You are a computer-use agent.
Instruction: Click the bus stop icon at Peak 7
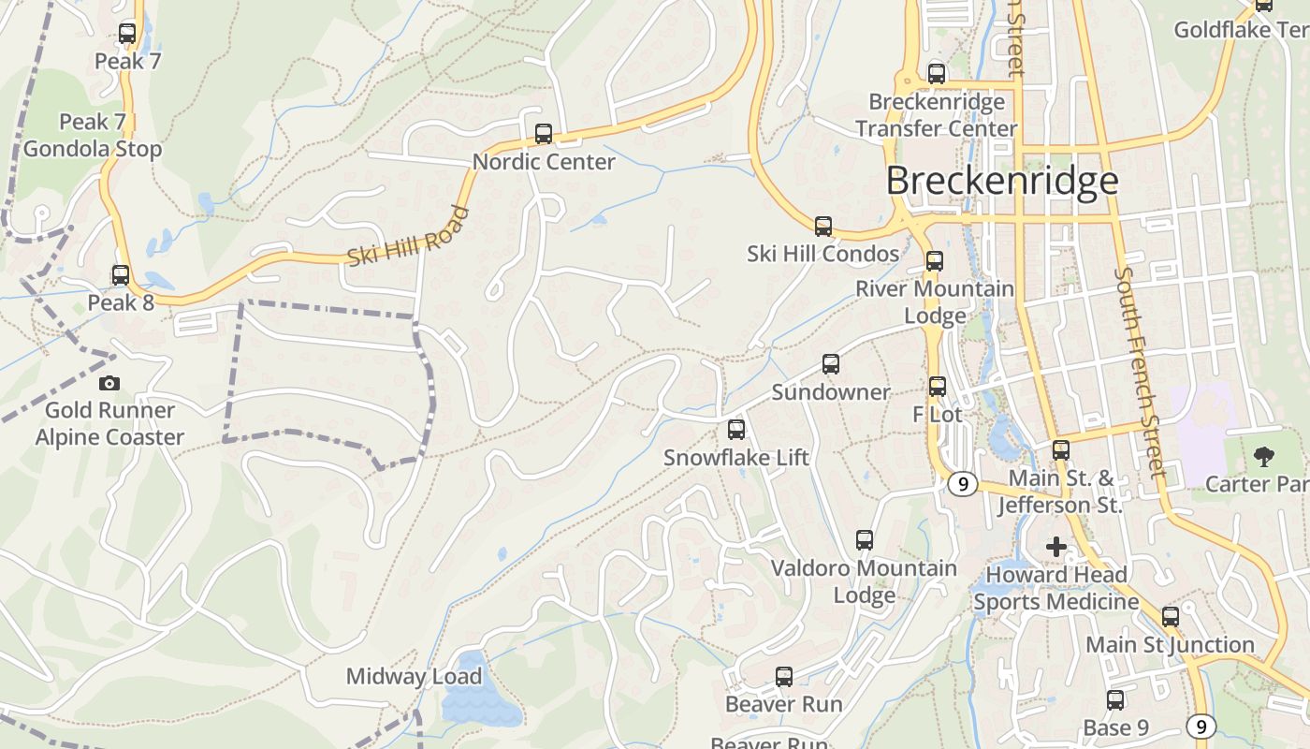pyautogui.click(x=127, y=34)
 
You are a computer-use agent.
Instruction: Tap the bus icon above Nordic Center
pyautogui.click(x=544, y=134)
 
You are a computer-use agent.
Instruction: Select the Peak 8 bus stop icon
pyautogui.click(x=121, y=275)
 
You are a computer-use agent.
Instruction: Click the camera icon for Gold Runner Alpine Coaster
pyautogui.click(x=109, y=383)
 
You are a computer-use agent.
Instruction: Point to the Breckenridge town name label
pyautogui.click(x=1001, y=181)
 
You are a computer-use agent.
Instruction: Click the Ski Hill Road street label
pyautogui.click(x=407, y=236)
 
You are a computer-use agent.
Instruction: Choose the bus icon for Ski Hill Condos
pyautogui.click(x=823, y=226)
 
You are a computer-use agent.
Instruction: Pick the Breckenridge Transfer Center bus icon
pyautogui.click(x=937, y=74)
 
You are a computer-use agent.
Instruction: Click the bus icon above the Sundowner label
pyautogui.click(x=831, y=364)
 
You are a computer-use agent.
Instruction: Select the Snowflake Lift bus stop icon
pyautogui.click(x=736, y=430)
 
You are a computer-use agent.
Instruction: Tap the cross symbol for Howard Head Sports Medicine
pyautogui.click(x=1056, y=547)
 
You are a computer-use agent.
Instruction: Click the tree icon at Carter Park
pyautogui.click(x=1264, y=457)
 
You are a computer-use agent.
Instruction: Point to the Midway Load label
pyautogui.click(x=414, y=676)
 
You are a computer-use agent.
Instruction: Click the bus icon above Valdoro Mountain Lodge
pyautogui.click(x=865, y=540)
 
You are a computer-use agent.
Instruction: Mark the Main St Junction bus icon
pyautogui.click(x=1171, y=617)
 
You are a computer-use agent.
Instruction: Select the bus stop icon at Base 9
pyautogui.click(x=1115, y=700)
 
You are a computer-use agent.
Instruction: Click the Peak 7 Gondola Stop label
pyautogui.click(x=93, y=136)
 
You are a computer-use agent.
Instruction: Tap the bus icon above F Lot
pyautogui.click(x=938, y=386)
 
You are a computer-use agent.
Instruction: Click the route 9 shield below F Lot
pyautogui.click(x=962, y=484)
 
